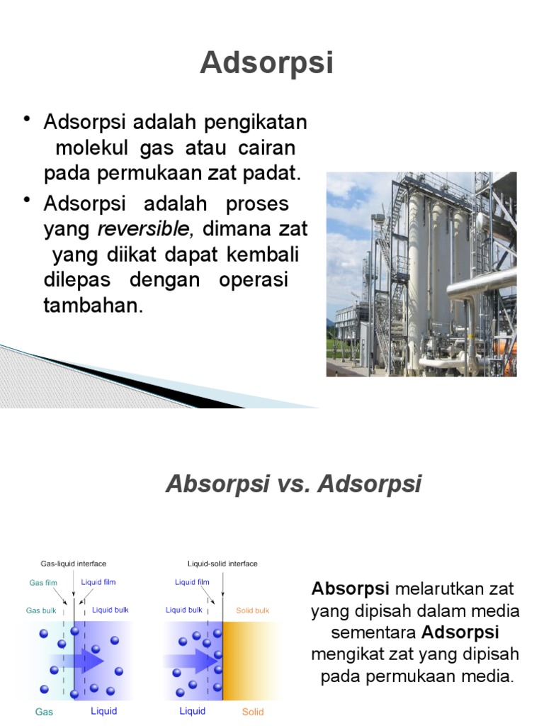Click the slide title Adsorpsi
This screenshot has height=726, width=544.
click(x=266, y=63)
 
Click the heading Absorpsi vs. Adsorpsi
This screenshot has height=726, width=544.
click(x=293, y=484)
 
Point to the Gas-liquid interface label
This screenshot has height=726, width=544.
click(x=73, y=564)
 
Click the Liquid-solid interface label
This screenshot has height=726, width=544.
click(x=222, y=564)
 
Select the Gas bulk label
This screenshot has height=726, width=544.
click(x=41, y=610)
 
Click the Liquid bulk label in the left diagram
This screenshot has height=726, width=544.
click(x=110, y=610)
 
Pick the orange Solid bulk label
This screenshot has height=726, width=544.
click(x=253, y=610)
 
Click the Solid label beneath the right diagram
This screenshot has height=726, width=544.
click(x=253, y=711)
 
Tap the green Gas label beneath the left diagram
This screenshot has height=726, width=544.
click(x=43, y=711)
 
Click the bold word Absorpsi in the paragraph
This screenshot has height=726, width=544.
click(x=351, y=588)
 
